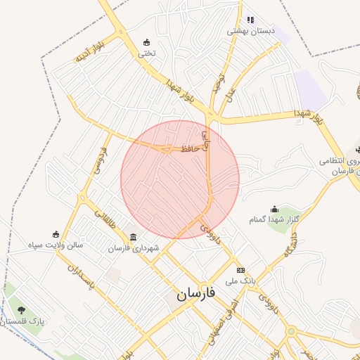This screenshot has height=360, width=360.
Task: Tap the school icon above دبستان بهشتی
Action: [x=250, y=20]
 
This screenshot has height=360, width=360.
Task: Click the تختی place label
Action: [x=146, y=53]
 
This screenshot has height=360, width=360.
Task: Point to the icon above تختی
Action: [x=146, y=42]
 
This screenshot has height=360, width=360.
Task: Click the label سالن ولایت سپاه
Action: [x=56, y=245]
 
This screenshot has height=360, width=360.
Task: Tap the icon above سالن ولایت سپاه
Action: [x=56, y=234]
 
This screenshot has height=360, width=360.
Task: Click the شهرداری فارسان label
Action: [x=134, y=248]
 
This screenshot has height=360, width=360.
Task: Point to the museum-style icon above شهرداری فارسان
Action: [x=134, y=237]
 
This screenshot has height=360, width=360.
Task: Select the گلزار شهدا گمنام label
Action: [x=274, y=220]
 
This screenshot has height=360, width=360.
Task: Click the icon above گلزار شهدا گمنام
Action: [x=274, y=209]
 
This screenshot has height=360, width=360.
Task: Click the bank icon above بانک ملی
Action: [x=241, y=270]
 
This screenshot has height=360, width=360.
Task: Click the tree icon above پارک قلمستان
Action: [x=22, y=309]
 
